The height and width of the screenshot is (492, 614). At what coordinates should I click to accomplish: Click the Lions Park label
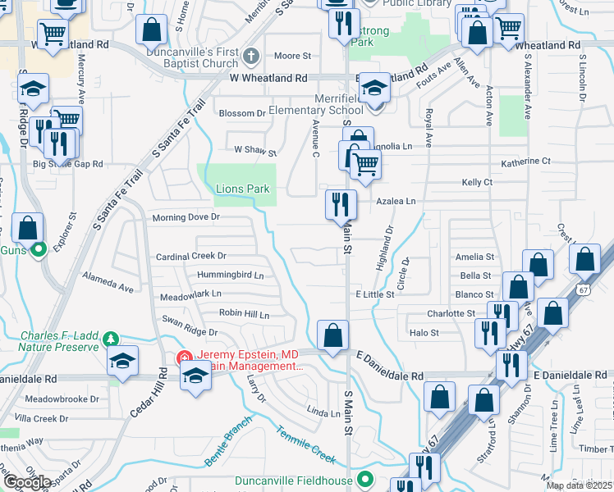pos(242,189)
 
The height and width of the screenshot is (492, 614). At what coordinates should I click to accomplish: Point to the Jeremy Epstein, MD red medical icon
pos(185,358)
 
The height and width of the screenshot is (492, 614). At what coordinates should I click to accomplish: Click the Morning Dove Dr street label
pos(186,217)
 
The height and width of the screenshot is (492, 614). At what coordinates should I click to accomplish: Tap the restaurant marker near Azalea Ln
pos(341,204)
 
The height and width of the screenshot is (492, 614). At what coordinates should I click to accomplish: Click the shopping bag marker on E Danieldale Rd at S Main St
pos(332,335)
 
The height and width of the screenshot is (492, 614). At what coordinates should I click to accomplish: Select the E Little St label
pos(374,294)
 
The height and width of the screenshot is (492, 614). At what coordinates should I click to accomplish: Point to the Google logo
pos(26,481)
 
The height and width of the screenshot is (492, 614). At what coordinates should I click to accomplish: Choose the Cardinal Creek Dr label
pos(190,257)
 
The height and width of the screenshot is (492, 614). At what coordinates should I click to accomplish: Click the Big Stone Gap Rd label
pos(67,164)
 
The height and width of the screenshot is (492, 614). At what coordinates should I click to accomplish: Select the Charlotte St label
pos(451,313)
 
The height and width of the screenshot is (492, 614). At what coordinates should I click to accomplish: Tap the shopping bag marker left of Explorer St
pos(28,228)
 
